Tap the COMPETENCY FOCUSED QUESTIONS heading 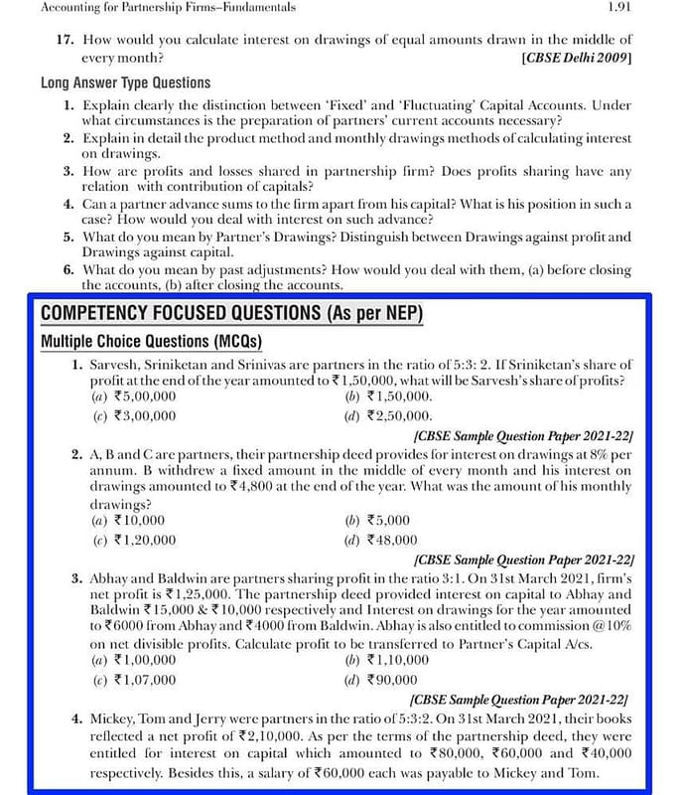[x=232, y=314]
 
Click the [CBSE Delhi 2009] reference [x=576, y=59]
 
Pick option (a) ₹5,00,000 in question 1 [x=133, y=396]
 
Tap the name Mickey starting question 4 [x=111, y=717]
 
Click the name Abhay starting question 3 [x=109, y=577]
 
